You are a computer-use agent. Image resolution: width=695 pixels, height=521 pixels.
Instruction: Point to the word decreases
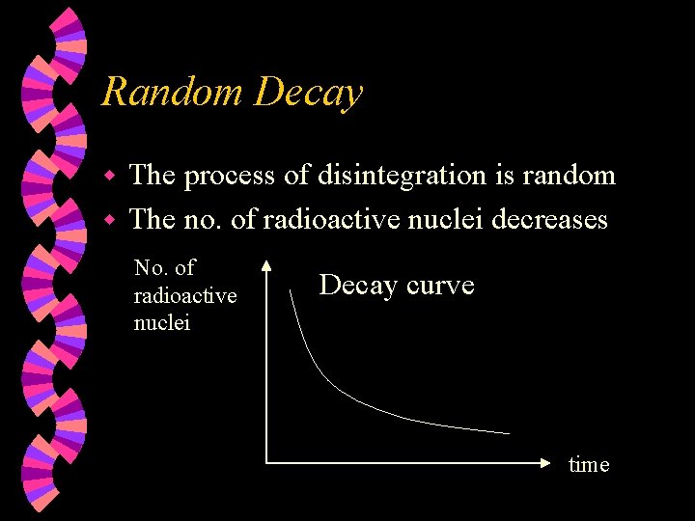(x=549, y=220)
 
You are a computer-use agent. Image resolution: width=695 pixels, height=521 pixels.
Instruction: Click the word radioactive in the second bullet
(x=334, y=220)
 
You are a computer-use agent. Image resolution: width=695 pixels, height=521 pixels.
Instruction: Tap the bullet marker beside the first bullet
(x=111, y=177)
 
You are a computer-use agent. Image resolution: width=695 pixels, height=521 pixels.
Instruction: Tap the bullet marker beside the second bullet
(x=111, y=221)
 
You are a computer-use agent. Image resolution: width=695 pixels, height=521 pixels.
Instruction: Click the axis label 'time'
(x=589, y=465)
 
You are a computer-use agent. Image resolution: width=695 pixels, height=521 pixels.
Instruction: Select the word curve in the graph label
(x=440, y=286)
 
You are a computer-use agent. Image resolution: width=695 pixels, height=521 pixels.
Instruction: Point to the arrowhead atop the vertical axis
(x=267, y=267)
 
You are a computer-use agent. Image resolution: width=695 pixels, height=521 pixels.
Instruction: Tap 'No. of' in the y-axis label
(x=164, y=268)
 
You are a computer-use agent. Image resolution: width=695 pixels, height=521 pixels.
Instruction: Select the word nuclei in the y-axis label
(x=161, y=322)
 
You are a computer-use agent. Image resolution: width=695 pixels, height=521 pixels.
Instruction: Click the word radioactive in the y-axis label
(x=184, y=295)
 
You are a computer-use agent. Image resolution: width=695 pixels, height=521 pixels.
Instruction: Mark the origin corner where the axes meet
(x=267, y=463)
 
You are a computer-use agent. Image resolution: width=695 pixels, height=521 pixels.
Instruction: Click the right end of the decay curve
(x=508, y=433)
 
